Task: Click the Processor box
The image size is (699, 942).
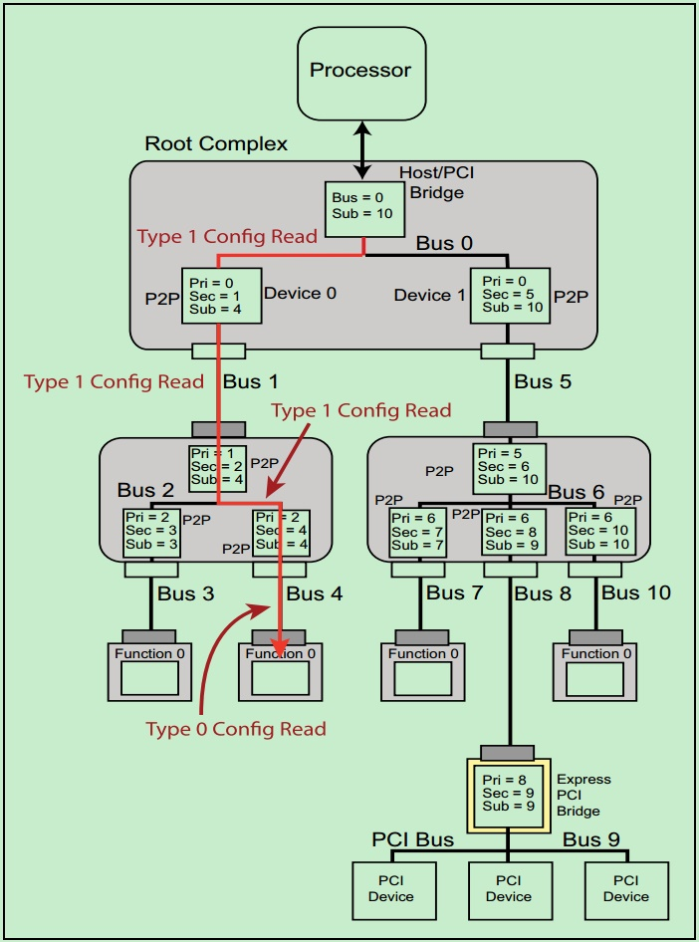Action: pos(361,71)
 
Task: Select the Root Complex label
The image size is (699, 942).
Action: pos(216,143)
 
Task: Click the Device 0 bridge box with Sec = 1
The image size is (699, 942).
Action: pos(221,295)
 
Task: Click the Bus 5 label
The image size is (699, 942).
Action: pos(542,381)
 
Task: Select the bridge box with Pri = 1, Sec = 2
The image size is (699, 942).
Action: pos(217,466)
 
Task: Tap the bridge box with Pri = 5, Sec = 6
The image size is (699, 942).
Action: pos(508,466)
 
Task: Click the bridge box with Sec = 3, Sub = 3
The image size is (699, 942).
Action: pos(151,532)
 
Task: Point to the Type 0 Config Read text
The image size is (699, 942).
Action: pos(236,729)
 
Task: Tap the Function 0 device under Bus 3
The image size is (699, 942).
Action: pos(149,672)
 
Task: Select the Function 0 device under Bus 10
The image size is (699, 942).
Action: pos(595,672)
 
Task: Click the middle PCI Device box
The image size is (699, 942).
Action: pos(509,889)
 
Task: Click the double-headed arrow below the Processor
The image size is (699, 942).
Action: pos(361,150)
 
